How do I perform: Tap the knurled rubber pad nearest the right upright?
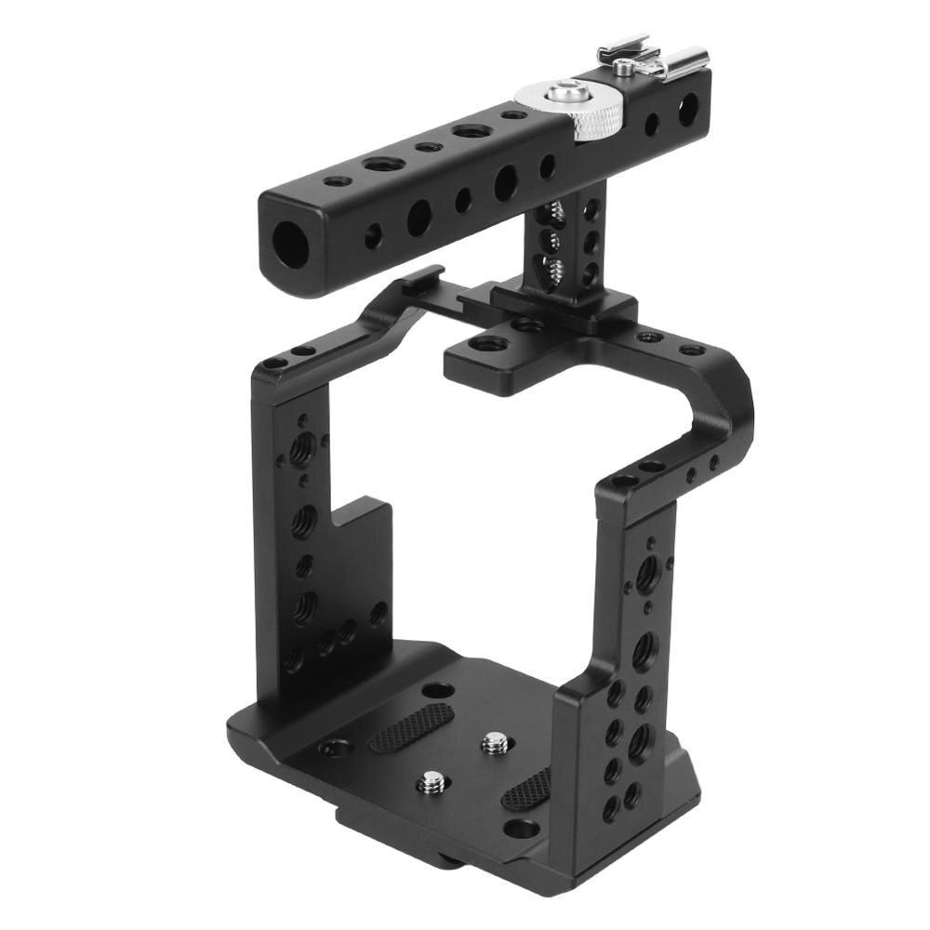pos(526,789)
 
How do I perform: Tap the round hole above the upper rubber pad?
pos(437,690)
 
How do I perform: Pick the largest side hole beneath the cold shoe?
pos(687,113)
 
